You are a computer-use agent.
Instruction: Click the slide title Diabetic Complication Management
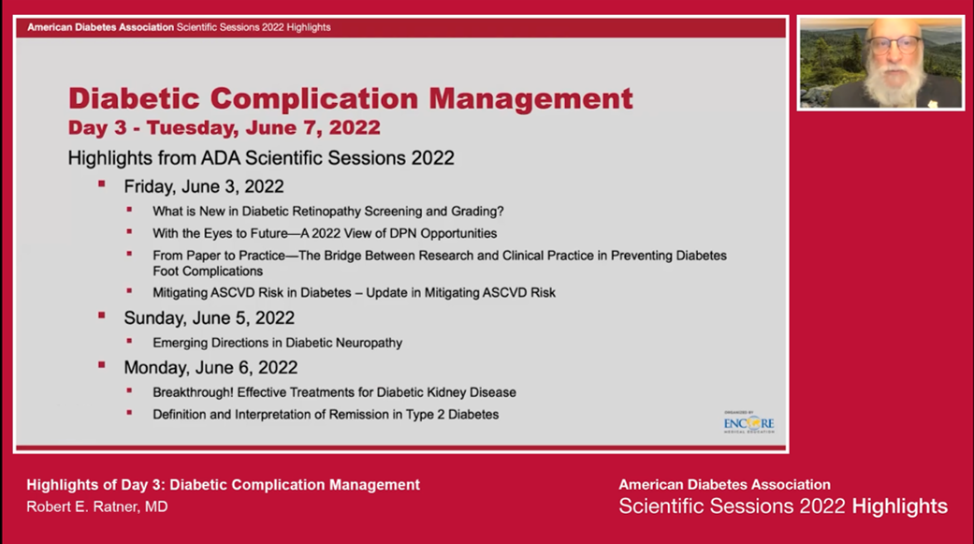[x=350, y=98]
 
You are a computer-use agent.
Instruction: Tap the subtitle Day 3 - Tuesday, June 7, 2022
[x=224, y=127]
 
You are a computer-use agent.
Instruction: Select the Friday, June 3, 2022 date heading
[x=203, y=186]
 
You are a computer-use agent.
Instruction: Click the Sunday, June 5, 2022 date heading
[x=209, y=318]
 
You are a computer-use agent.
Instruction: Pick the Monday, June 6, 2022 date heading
[x=211, y=367]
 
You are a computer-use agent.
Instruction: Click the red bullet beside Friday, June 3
[x=101, y=185]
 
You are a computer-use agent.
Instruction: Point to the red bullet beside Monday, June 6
[x=101, y=365]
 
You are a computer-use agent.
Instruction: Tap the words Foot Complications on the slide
[x=208, y=271]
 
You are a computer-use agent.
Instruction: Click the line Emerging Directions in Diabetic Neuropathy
[x=277, y=343]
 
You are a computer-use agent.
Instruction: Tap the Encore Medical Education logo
[x=749, y=422]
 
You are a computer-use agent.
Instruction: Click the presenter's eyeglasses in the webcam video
[x=893, y=44]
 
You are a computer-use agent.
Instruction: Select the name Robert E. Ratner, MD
[x=83, y=507]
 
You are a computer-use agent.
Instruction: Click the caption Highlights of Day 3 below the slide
[x=223, y=485]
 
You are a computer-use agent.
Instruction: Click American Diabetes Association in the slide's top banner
[x=100, y=27]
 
